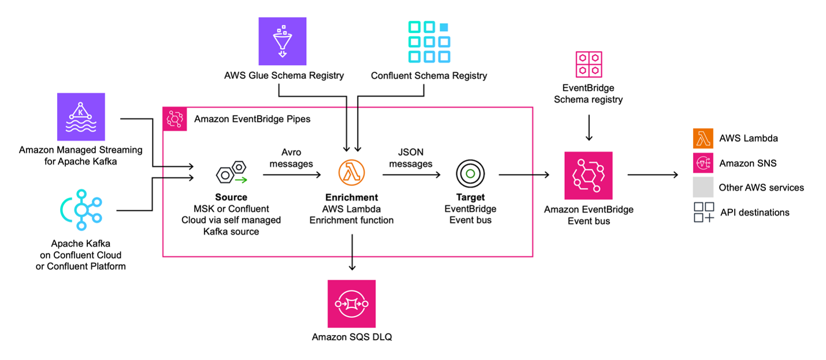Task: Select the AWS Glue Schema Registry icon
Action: (282, 40)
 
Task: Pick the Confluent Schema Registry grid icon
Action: (429, 41)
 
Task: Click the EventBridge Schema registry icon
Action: (589, 64)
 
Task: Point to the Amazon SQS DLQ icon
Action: (351, 304)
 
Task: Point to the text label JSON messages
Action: (411, 158)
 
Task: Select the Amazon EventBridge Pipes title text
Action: (252, 119)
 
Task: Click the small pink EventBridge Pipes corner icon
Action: (174, 118)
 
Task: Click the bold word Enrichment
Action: (351, 198)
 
